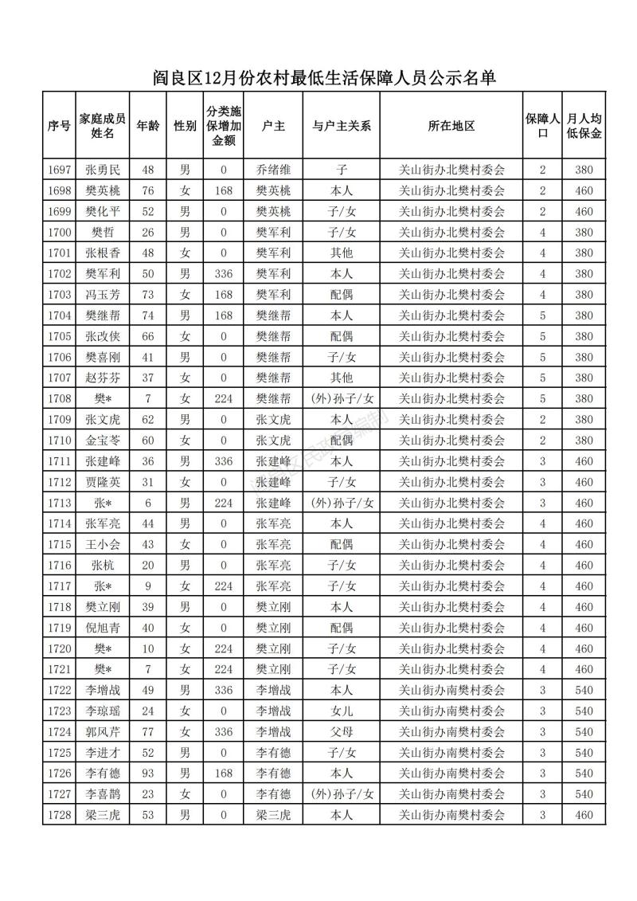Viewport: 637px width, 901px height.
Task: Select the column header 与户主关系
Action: click(341, 126)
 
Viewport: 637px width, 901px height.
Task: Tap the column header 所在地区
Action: click(451, 126)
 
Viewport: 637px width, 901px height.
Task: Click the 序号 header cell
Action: click(59, 126)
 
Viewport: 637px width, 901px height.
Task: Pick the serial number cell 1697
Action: click(59, 170)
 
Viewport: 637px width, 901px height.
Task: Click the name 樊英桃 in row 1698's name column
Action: click(103, 190)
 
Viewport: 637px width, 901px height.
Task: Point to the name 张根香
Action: click(103, 253)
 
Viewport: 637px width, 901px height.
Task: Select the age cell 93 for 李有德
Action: click(147, 774)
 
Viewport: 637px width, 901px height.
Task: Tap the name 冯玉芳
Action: click(103, 295)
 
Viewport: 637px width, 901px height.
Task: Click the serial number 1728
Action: click(59, 815)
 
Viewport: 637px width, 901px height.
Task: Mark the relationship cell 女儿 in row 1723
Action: click(341, 711)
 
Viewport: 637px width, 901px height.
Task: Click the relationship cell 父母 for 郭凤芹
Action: click(341, 731)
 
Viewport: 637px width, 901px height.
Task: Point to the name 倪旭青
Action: click(103, 628)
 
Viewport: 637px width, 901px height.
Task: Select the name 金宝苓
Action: click(103, 440)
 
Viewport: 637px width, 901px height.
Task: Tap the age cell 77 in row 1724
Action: click(147, 731)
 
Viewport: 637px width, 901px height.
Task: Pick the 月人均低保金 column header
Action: click(584, 126)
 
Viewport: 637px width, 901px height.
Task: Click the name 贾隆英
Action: click(103, 482)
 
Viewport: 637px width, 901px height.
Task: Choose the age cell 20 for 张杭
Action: click(147, 565)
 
